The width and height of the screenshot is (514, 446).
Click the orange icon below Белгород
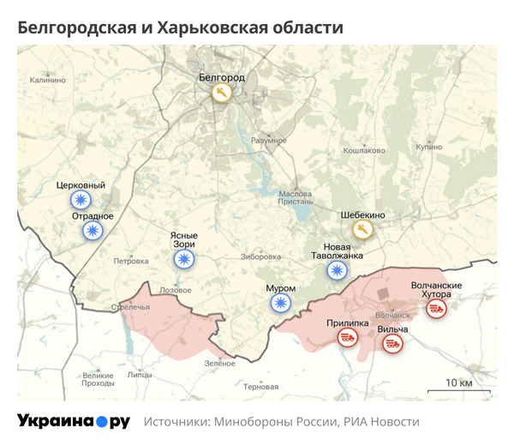[x=222, y=93]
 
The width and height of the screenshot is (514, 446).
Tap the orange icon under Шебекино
[x=362, y=230]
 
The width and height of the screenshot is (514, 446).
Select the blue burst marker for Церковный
[x=81, y=201]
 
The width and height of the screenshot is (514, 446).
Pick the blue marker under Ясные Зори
[x=184, y=258]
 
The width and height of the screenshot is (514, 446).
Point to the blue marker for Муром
[x=281, y=303]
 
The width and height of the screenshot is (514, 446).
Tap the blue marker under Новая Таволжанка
[x=338, y=272]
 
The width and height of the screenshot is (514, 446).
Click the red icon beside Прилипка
[x=347, y=339]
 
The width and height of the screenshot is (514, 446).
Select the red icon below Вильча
[x=392, y=344]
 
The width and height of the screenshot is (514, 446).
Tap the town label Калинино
[x=47, y=80]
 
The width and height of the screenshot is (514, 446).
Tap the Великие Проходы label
[x=98, y=379]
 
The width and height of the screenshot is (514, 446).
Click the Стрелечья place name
[x=130, y=306]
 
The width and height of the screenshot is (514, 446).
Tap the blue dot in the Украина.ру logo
[x=101, y=422]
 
